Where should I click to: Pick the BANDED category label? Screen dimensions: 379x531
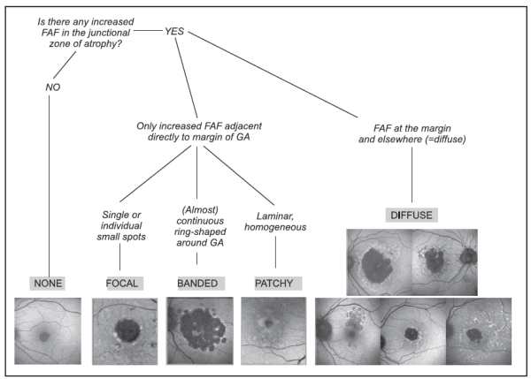pyautogui.click(x=196, y=283)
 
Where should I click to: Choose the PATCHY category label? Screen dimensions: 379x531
pyautogui.click(x=272, y=283)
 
